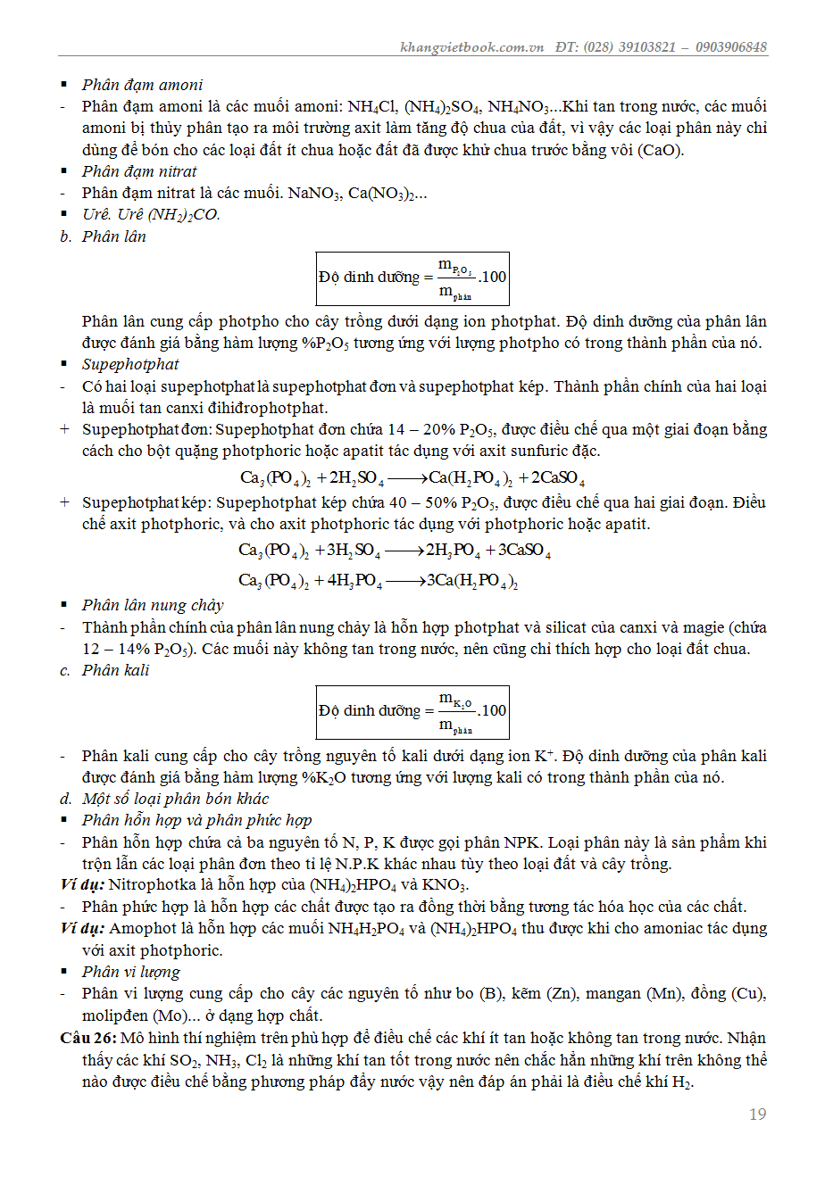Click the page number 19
tap(757, 1114)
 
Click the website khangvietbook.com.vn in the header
tap(471, 47)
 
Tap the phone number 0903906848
tap(730, 47)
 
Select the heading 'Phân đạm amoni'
tap(142, 85)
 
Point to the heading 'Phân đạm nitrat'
tap(139, 171)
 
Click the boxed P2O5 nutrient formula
tap(412, 278)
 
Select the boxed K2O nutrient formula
tap(412, 711)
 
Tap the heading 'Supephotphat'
tap(130, 364)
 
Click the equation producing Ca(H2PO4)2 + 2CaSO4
tap(412, 478)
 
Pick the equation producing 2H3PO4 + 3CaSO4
tap(395, 551)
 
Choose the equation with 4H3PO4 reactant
tap(379, 581)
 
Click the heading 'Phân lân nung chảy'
tap(153, 605)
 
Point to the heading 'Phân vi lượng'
tap(131, 972)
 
